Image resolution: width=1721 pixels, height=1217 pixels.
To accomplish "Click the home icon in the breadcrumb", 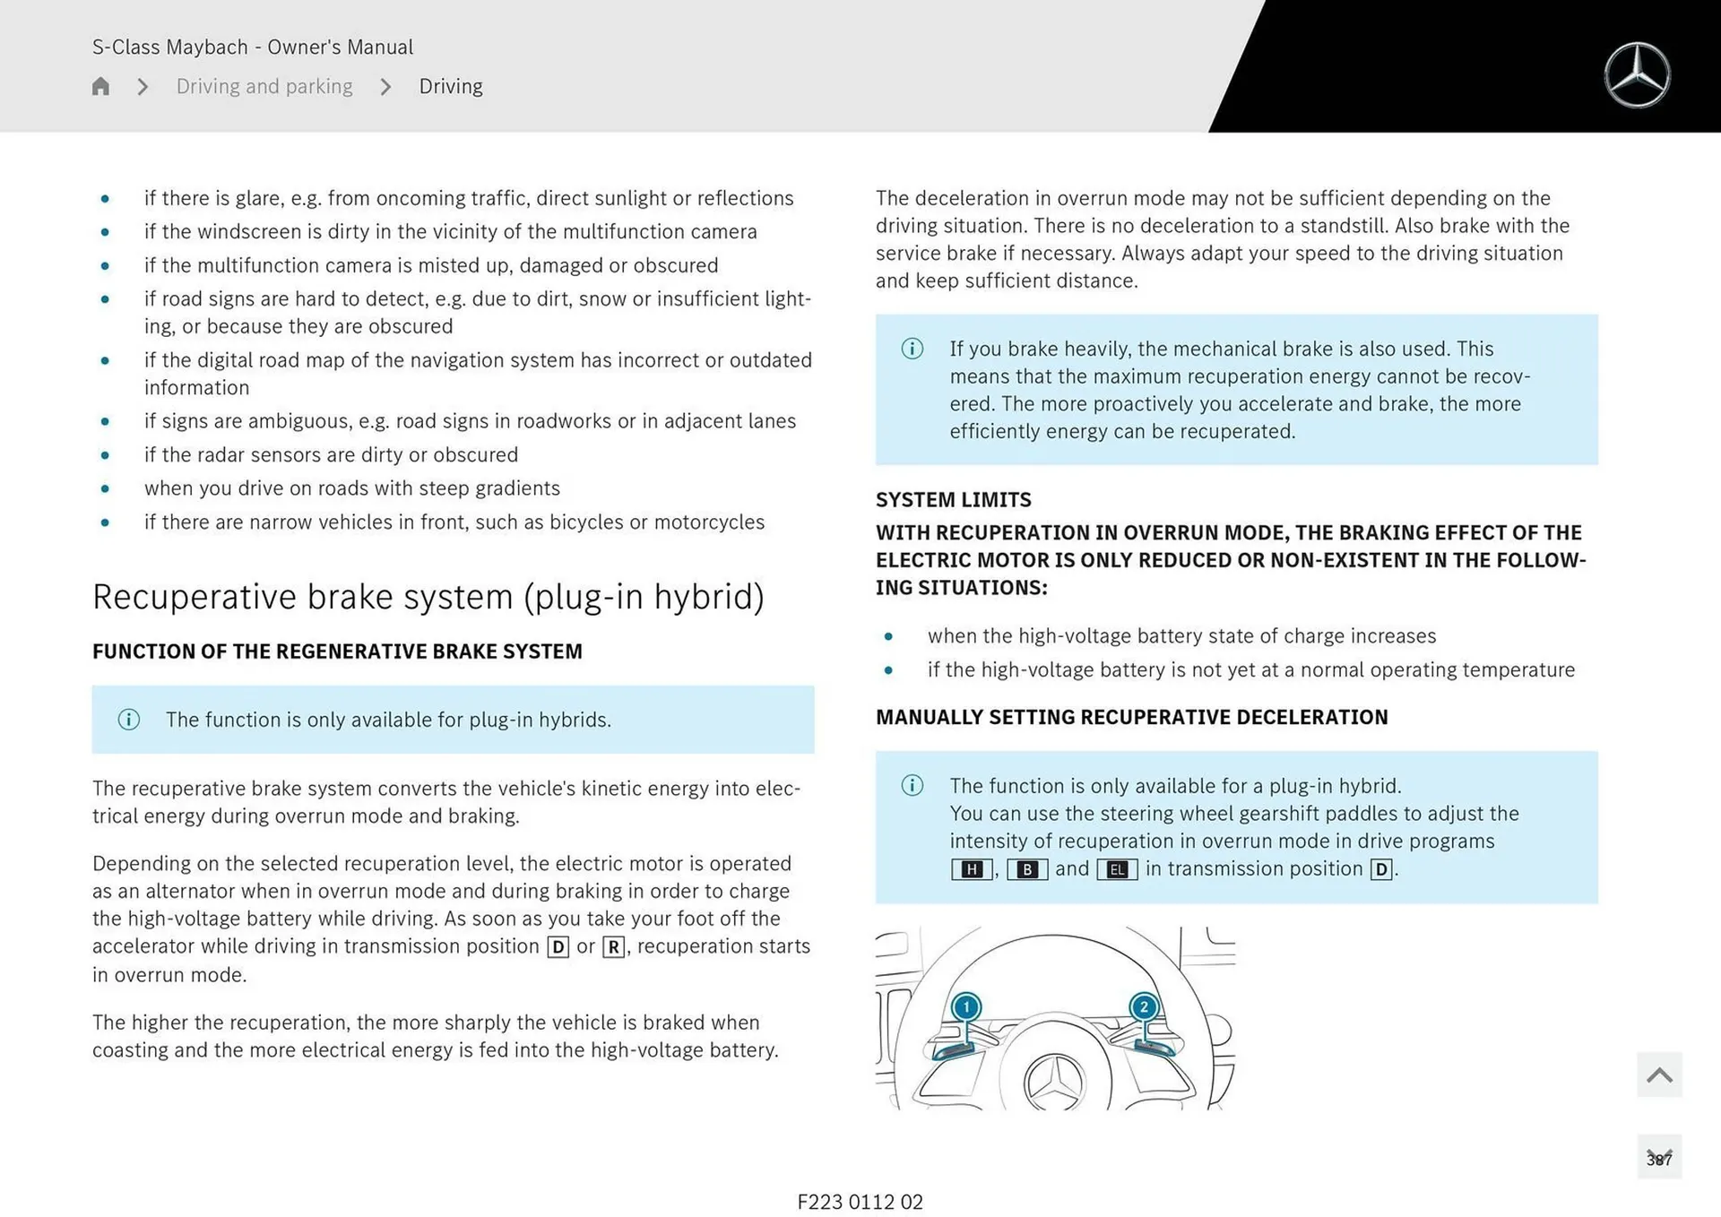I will (x=100, y=86).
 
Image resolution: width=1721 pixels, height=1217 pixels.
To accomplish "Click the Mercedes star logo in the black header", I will (x=1637, y=75).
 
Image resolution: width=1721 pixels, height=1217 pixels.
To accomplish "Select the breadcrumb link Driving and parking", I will (x=264, y=86).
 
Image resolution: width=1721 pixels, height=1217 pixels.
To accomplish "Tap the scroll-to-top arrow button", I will (x=1659, y=1075).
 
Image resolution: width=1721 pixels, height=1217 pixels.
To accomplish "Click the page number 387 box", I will (x=1659, y=1158).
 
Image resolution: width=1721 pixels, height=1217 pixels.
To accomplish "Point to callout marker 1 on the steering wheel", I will (x=965, y=1007).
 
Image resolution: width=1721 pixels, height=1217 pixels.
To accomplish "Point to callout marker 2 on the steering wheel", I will (x=1143, y=1007).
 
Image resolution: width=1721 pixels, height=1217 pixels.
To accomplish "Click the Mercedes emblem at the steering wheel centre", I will (x=1054, y=1083).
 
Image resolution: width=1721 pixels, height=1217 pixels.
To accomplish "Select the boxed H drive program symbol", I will (x=972, y=869).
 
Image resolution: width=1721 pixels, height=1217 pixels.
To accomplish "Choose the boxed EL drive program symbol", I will (x=1117, y=869).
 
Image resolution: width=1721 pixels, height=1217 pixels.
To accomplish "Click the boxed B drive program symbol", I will (x=1027, y=869).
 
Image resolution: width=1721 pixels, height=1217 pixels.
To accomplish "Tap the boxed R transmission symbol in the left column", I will (x=613, y=947).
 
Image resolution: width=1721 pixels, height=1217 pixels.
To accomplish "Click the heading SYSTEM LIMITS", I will (x=953, y=500).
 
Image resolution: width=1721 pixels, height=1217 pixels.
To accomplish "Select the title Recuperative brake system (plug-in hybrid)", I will (x=428, y=597).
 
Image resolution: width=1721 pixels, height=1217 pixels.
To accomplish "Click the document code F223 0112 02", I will (x=860, y=1202).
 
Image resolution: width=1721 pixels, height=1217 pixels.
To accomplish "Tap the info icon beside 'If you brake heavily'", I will (x=912, y=349).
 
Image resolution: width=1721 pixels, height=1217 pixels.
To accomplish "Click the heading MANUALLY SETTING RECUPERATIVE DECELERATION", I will (x=1131, y=717).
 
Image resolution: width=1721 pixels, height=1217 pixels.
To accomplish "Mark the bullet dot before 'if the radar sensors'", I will (x=106, y=455).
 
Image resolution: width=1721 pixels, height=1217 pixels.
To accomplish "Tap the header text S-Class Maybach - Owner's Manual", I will (x=253, y=47).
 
